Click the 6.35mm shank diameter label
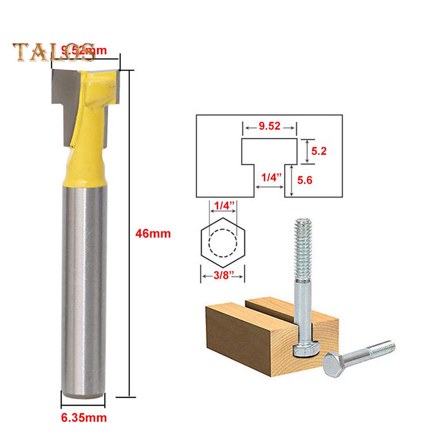pos(84,415)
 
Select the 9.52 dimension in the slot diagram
pos(269,127)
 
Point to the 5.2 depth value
pos(319,151)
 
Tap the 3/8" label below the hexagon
pos(222,276)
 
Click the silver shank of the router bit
pos(83,286)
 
